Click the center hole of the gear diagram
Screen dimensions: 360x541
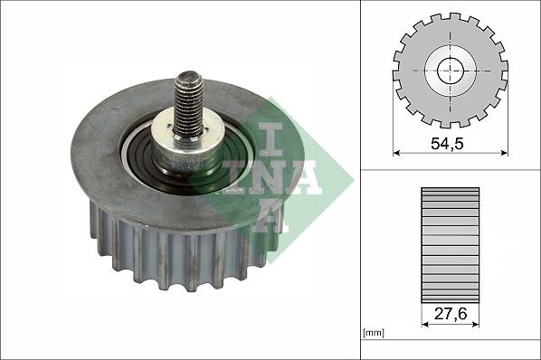click(x=451, y=70)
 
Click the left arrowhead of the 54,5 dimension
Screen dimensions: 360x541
click(x=397, y=153)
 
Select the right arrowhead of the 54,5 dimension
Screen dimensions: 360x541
click(x=505, y=153)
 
